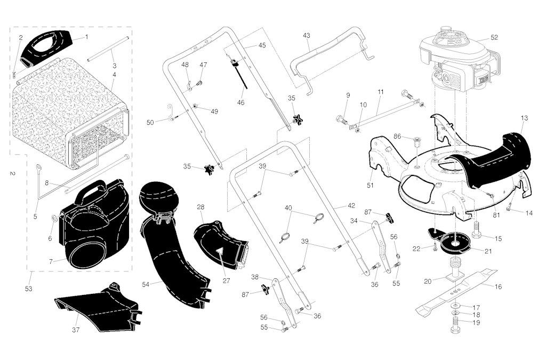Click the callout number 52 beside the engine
click(x=494, y=37)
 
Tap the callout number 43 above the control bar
click(x=306, y=35)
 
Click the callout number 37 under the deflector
click(x=76, y=330)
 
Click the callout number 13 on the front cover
click(x=524, y=117)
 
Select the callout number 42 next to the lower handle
click(x=351, y=205)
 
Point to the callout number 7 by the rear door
click(x=50, y=261)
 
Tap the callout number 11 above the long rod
click(x=380, y=92)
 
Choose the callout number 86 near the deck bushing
click(x=397, y=137)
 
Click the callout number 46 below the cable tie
click(x=241, y=102)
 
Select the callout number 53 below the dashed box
click(x=28, y=289)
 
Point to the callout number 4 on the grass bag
click(x=114, y=75)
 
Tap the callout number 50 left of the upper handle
click(x=150, y=123)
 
